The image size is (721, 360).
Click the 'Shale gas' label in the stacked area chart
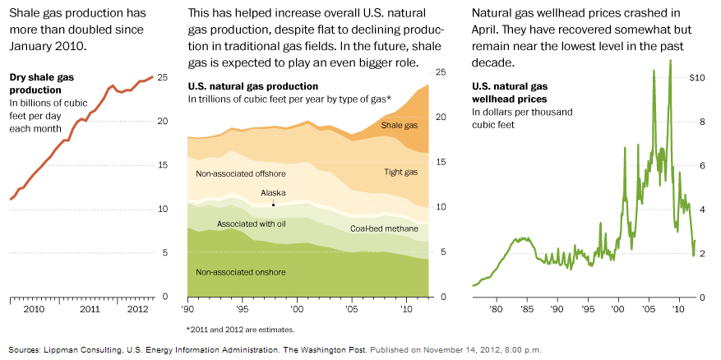[x=399, y=126]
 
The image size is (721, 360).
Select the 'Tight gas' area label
[x=401, y=172]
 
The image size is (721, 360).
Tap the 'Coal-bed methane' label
[x=384, y=228]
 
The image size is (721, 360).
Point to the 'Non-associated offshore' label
[x=240, y=174]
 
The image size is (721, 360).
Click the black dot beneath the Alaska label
[x=273, y=203]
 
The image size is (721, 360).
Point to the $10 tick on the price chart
[x=696, y=78]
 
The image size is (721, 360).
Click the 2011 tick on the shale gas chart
[x=90, y=309]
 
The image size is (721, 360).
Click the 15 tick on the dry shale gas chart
[x=163, y=165]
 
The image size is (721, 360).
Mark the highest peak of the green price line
[x=671, y=60]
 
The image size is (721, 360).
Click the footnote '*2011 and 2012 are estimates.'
[x=241, y=329]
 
